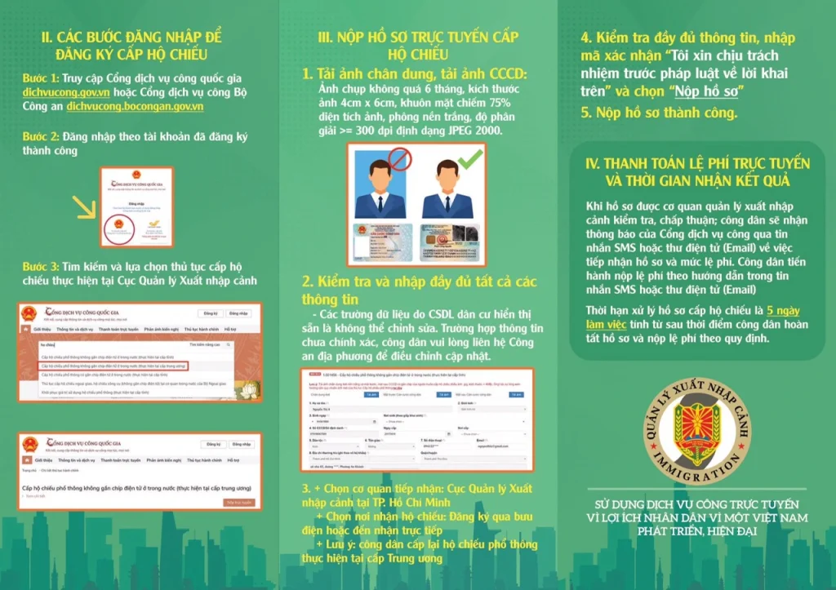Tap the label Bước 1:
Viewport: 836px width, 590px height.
pyautogui.click(x=40, y=78)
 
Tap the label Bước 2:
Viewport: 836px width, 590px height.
pyautogui.click(x=40, y=136)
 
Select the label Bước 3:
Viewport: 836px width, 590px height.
pyautogui.click(x=40, y=267)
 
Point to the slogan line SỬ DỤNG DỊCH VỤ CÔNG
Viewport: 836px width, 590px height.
pyautogui.click(x=696, y=503)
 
